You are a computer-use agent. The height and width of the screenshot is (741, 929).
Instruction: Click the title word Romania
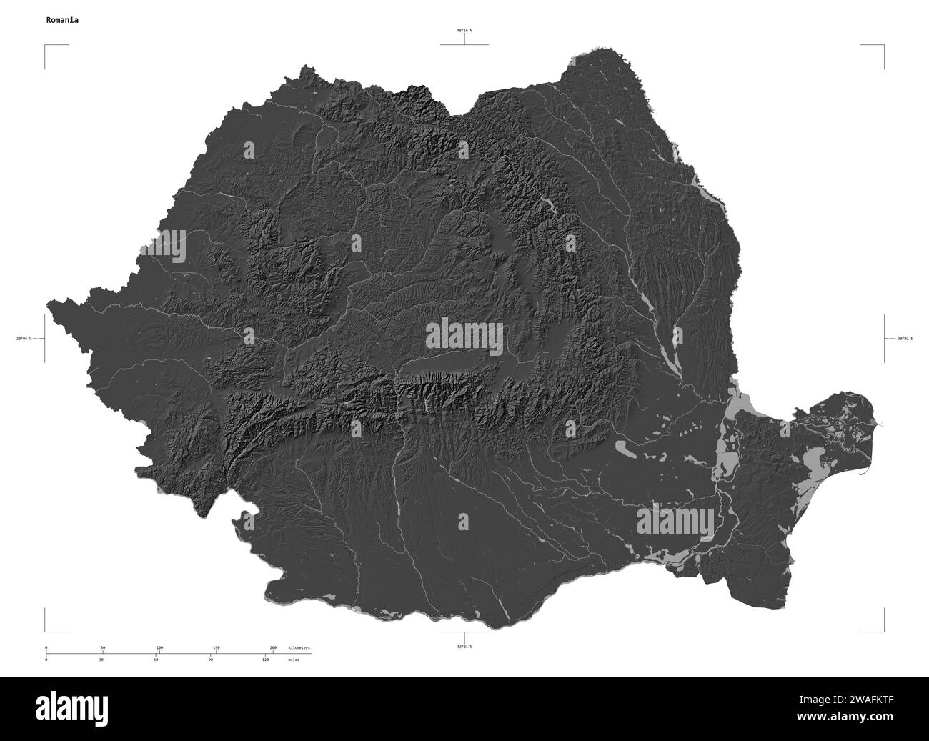62,20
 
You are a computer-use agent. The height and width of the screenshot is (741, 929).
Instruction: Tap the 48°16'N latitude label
464,31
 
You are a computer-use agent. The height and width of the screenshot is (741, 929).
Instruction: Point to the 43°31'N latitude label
464,646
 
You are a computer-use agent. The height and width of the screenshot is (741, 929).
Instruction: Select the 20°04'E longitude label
24,338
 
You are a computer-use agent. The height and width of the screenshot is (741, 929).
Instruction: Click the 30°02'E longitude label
904,338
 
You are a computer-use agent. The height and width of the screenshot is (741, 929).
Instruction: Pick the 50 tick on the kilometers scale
103,647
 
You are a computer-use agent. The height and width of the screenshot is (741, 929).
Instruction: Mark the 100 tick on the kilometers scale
159,647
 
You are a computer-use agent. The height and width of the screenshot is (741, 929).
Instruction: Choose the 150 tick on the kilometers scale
217,647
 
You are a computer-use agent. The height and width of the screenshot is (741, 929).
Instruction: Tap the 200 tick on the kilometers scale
273,647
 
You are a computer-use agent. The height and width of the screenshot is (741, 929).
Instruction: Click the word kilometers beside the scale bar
299,647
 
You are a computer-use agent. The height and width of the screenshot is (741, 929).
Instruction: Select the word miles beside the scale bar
294,660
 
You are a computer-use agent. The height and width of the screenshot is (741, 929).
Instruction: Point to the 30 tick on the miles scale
101,660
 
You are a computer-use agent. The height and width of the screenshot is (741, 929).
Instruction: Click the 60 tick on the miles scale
156,660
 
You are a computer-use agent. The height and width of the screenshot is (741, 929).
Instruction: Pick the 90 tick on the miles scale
211,660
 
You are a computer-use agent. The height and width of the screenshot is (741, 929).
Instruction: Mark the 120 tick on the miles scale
265,660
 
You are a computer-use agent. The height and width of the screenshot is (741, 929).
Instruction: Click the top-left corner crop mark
46,46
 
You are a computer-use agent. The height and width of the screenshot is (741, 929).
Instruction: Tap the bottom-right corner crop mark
883,631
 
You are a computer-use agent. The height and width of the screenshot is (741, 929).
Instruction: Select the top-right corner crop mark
883,46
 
